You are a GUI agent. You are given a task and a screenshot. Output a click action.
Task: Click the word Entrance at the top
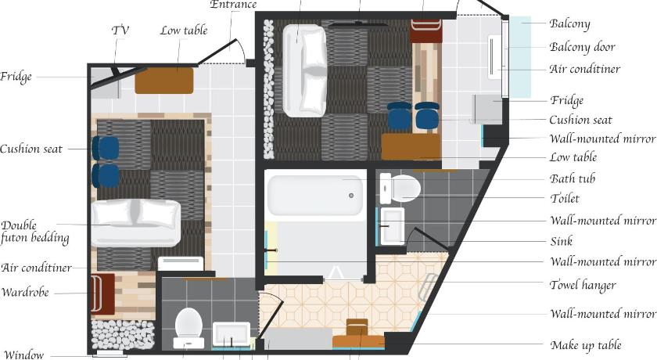click(x=233, y=5)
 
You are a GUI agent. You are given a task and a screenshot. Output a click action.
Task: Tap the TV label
click(x=120, y=31)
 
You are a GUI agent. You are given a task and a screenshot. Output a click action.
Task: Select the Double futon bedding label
click(x=34, y=232)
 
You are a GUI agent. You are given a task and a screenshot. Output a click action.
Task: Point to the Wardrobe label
click(x=25, y=292)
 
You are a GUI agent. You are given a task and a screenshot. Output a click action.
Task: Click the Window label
click(x=24, y=355)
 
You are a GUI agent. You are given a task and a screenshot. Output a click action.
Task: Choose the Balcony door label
click(x=583, y=47)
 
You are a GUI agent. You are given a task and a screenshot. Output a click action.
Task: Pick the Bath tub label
click(x=573, y=178)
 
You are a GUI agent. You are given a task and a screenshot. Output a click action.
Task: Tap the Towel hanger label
click(x=583, y=286)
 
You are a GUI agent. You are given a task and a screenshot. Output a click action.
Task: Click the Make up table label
click(x=586, y=345)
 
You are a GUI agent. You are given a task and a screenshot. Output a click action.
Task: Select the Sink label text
click(x=562, y=241)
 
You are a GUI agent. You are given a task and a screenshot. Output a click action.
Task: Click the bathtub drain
click(x=351, y=196)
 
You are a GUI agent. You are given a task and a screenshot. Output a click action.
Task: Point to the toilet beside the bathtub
click(x=400, y=189)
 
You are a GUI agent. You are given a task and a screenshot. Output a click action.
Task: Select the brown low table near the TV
click(x=164, y=81)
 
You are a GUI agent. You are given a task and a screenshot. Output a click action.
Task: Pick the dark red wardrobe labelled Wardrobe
click(x=102, y=293)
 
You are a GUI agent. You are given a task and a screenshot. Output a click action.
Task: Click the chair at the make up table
click(x=357, y=327)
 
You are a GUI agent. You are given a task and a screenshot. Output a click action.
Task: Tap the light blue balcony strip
click(x=520, y=57)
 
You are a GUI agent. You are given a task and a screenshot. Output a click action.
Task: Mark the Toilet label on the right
click(x=565, y=198)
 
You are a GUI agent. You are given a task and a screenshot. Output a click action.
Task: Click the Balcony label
click(x=570, y=23)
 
